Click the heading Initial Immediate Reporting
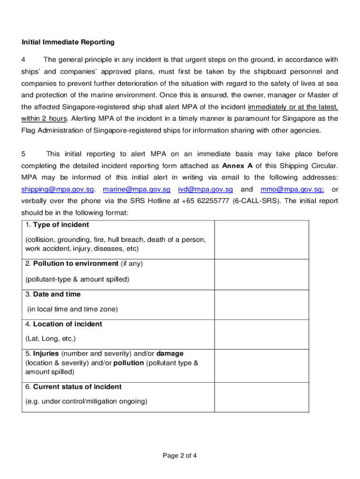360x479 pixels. (68, 42)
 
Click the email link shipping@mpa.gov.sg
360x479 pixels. (59, 189)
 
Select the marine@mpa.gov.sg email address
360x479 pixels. (137, 189)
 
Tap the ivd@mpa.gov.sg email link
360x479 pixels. (205, 189)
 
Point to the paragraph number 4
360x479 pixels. (24, 59)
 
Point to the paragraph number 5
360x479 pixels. (24, 153)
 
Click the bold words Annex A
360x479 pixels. (238, 166)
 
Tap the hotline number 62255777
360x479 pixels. (212, 201)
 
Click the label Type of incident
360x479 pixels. (54, 225)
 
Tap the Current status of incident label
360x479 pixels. (77, 386)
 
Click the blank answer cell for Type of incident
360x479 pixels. (261, 239)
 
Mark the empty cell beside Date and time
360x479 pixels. (261, 305)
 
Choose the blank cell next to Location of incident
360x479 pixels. (261, 334)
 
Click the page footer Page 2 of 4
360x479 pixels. (180, 456)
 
